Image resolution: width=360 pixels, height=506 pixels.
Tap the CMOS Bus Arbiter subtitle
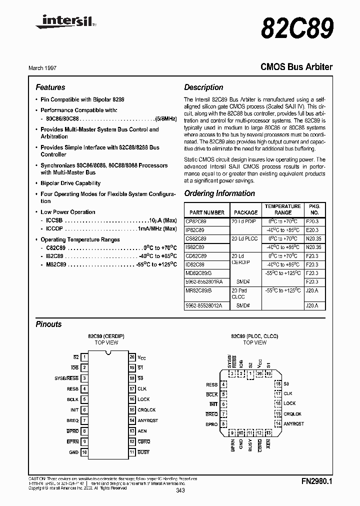coord(296,66)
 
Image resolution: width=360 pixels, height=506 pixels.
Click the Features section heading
coord(50,87)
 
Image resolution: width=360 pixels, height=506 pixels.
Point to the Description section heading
coord(203,87)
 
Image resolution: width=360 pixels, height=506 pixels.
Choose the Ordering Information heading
coord(219,193)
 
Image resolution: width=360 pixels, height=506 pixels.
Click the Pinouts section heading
coord(48,324)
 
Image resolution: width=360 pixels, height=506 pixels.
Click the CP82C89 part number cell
coord(195,220)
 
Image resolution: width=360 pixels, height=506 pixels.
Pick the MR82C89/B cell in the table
coord(198,290)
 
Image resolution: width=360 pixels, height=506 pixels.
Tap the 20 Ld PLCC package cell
coord(244,238)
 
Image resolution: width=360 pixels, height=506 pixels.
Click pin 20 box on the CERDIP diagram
coord(132,357)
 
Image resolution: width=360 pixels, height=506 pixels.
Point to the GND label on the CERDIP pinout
coord(73,452)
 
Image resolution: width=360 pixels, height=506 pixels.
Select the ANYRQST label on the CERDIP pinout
coord(147,420)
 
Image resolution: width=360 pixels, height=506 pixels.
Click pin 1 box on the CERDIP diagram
coord(84,357)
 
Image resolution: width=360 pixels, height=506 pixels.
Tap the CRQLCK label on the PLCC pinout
coord(292,413)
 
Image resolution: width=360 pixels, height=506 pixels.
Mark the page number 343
coord(180,491)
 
